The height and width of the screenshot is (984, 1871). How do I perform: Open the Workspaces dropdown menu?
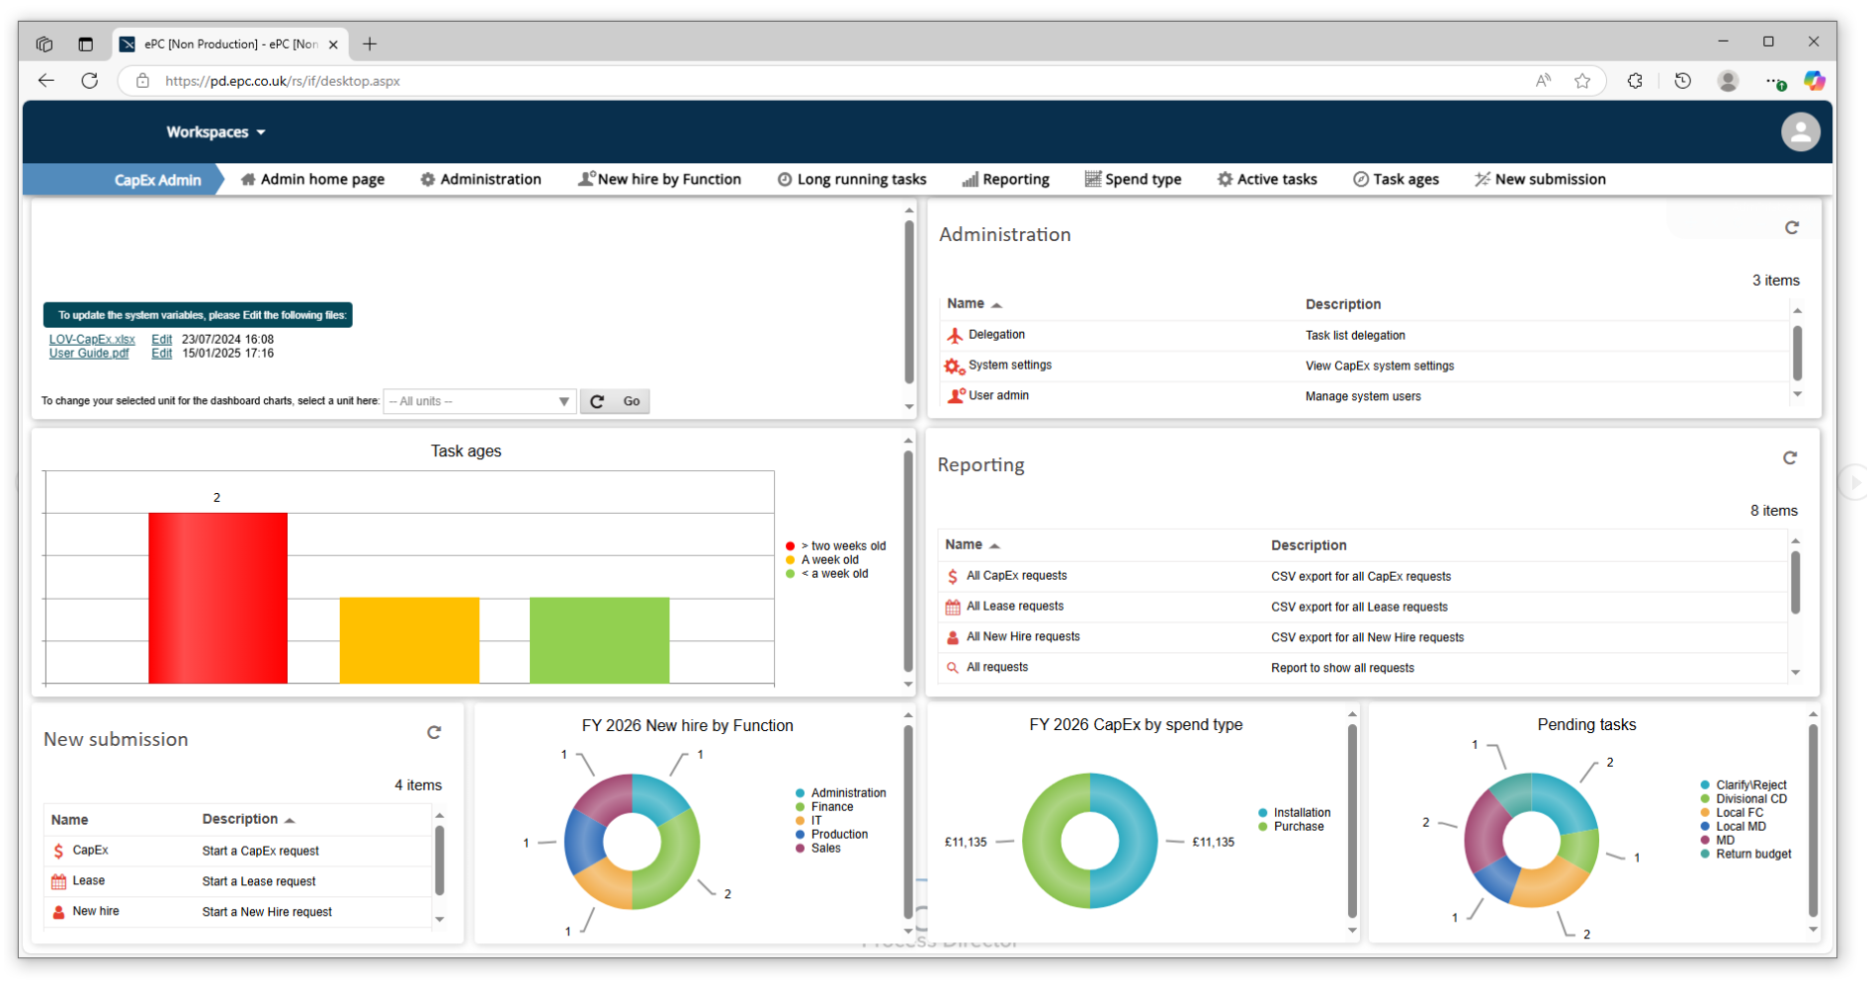[215, 132]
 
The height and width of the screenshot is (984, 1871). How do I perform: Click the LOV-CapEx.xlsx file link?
[92, 340]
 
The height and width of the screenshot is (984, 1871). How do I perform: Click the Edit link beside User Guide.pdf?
[161, 354]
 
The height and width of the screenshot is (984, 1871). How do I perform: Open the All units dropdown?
[479, 401]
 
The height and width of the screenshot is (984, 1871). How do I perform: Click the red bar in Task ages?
[217, 598]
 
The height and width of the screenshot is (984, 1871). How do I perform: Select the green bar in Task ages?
[599, 639]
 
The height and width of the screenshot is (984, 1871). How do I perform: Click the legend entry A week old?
[829, 560]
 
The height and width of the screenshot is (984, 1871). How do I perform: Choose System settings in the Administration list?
[1009, 366]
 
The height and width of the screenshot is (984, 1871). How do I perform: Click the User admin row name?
[998, 395]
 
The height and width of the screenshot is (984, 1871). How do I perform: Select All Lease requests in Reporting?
[1014, 607]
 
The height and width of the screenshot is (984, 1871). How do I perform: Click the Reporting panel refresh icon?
[1789, 458]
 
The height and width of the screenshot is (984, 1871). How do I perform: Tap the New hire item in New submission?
[96, 911]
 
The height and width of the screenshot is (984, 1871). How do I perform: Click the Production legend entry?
[838, 835]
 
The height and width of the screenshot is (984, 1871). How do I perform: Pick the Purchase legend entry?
[1298, 827]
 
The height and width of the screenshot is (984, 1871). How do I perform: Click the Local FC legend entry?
[1738, 813]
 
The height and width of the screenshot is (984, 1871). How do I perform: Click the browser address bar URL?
[283, 82]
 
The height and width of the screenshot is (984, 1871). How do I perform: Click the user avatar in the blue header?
[1799, 132]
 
